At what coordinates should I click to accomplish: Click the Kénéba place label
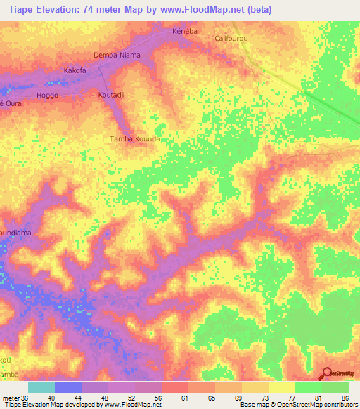(184, 32)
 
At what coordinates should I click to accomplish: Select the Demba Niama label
(117, 55)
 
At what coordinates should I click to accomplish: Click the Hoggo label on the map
(47, 94)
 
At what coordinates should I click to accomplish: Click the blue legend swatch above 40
(68, 387)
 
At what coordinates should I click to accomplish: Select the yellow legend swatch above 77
(282, 387)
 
